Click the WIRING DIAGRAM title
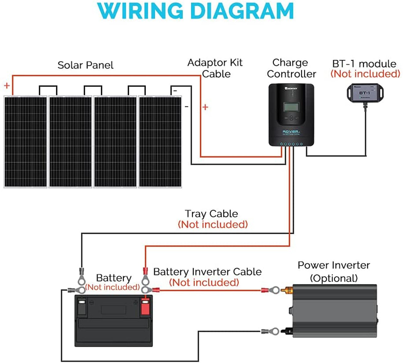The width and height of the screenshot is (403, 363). [x=196, y=11]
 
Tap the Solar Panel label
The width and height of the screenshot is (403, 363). [x=85, y=65]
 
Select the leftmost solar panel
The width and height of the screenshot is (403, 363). [x=26, y=142]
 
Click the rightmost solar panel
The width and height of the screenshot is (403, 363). [x=160, y=142]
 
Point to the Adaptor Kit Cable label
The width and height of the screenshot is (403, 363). [x=215, y=68]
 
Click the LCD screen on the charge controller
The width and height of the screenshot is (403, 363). [x=291, y=107]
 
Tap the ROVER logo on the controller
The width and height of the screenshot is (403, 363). [x=291, y=131]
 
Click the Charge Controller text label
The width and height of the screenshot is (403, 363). [x=291, y=68]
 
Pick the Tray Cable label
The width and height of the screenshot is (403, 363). [x=211, y=214]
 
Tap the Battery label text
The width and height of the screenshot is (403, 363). [x=114, y=278]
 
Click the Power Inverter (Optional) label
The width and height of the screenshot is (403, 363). [x=334, y=271]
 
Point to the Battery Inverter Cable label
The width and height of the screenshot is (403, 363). [x=207, y=271]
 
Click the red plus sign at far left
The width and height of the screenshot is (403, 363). [x=7, y=86]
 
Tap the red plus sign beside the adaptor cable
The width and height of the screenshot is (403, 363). [x=205, y=107]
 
